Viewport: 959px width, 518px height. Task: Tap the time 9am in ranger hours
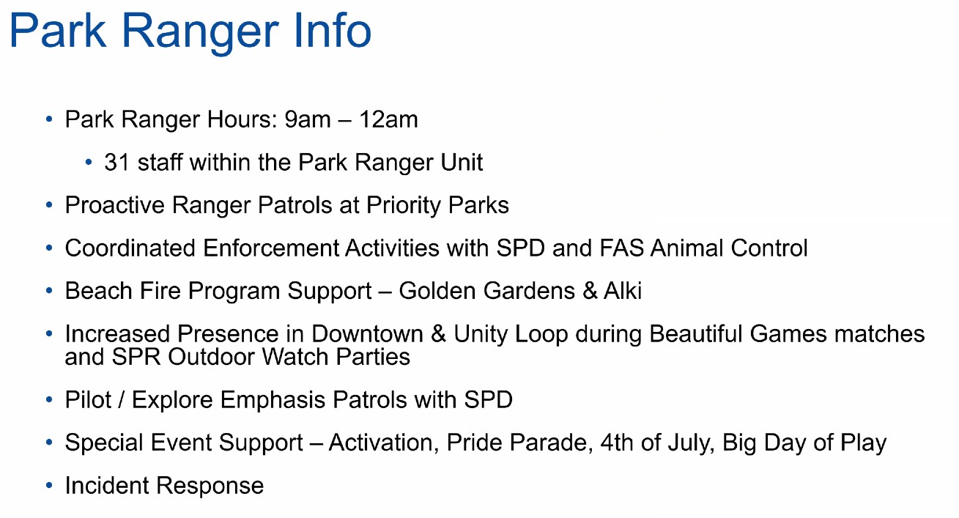pos(308,119)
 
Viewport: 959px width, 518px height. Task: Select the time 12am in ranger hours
pos(388,119)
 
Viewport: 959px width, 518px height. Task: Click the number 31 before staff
pos(116,162)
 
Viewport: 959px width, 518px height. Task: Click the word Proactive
pos(115,205)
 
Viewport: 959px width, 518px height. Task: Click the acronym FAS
pos(622,248)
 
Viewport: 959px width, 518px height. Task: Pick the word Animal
pos(686,248)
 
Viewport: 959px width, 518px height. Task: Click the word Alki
pos(623,291)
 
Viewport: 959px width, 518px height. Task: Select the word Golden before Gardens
pos(437,291)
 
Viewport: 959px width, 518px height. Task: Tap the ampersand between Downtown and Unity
pos(438,333)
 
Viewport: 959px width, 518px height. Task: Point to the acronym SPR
pos(136,357)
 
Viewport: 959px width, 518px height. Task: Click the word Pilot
pos(88,400)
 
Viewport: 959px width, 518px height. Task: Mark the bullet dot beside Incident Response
pos(49,486)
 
